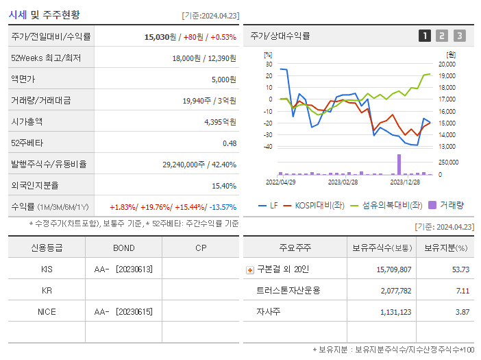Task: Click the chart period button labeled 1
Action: [425, 36]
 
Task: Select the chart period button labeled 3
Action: [459, 36]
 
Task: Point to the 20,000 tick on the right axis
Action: [447, 64]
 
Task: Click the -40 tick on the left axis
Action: [267, 147]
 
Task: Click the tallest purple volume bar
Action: [399, 164]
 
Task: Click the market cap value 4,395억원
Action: [220, 122]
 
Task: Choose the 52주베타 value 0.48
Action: [230, 143]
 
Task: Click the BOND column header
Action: [124, 248]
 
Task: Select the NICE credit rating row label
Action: [47, 312]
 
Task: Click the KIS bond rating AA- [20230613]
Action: [124, 269]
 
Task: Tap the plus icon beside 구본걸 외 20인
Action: [249, 270]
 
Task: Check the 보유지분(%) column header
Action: [445, 248]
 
